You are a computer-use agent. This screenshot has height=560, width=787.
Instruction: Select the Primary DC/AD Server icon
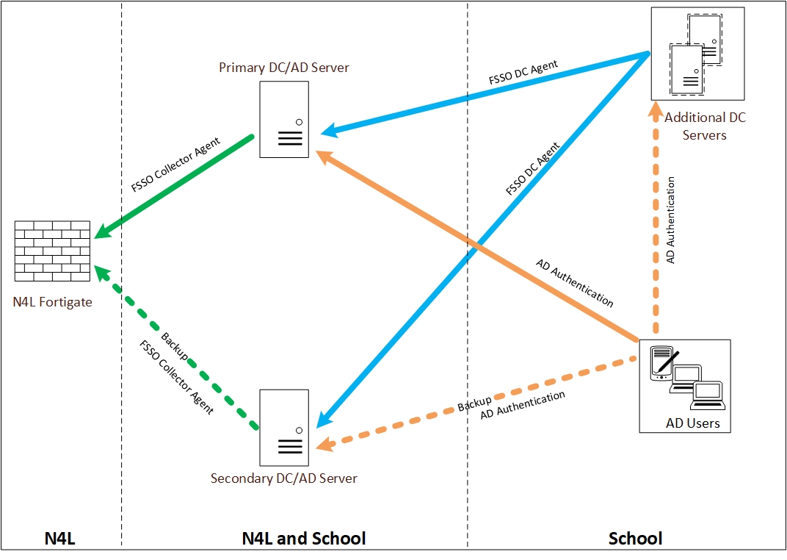coord(283,119)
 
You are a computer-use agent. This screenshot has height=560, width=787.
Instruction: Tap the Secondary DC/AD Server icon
coord(283,428)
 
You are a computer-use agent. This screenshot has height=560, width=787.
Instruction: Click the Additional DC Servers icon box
coord(697,54)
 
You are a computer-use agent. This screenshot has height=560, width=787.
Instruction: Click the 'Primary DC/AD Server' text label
coord(284,68)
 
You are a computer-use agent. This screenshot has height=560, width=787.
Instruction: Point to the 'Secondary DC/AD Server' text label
coord(284,478)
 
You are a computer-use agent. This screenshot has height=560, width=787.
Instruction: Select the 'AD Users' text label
coord(692,423)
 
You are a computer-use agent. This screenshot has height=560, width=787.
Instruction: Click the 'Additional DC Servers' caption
coord(705,126)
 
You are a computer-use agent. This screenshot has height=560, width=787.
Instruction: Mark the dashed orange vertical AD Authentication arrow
coord(656,220)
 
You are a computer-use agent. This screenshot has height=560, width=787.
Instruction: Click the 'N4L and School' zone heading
coord(303,539)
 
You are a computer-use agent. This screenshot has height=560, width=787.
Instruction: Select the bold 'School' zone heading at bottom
coord(635,539)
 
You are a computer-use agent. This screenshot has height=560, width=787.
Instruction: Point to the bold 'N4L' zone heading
coord(60,539)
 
